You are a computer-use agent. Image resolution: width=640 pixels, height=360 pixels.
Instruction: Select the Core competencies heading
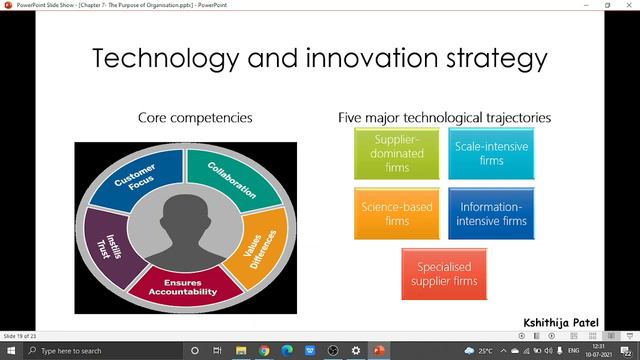(194, 119)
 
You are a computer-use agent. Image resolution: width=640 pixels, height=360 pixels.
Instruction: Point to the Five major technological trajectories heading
(444, 119)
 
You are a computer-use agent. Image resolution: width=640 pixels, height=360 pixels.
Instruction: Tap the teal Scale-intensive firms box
(491, 154)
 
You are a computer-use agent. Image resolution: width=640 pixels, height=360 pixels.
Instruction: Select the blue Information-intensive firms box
(491, 213)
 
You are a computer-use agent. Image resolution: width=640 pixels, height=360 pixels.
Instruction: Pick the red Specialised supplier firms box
(444, 273)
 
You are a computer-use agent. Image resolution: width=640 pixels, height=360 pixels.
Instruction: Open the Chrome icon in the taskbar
(264, 351)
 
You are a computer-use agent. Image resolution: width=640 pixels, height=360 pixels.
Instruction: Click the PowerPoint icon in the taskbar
(379, 351)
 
